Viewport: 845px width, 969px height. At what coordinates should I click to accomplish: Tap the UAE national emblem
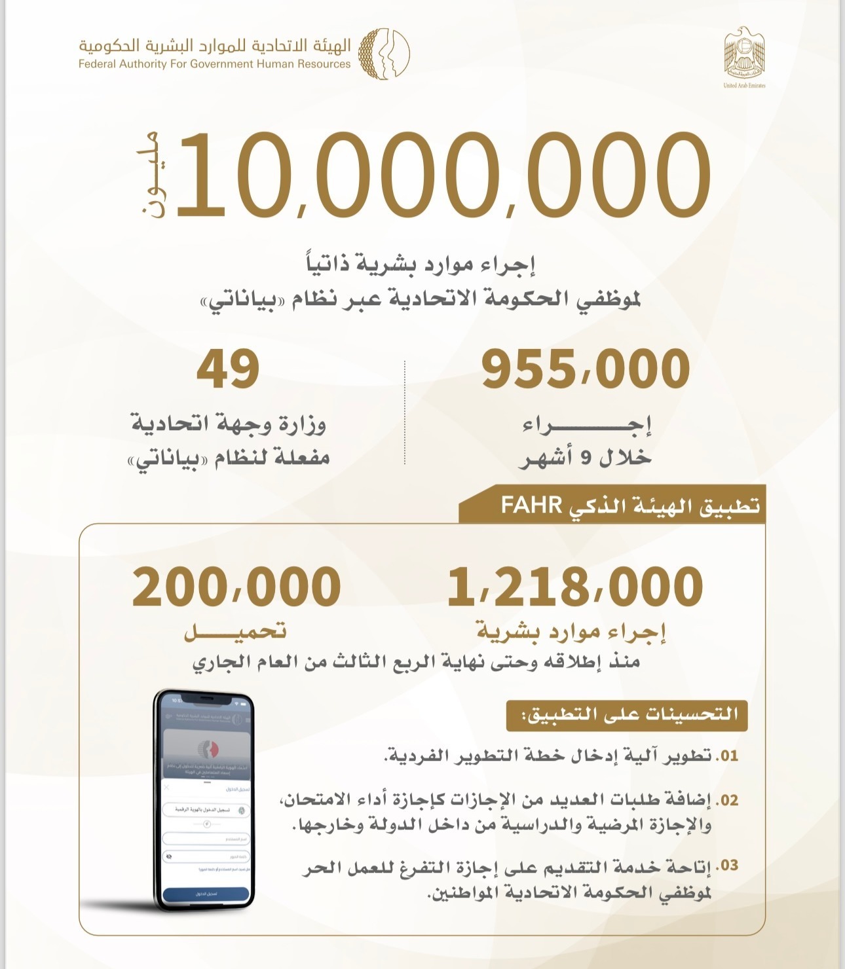click(744, 52)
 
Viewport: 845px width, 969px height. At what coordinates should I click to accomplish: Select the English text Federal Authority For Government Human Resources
click(214, 64)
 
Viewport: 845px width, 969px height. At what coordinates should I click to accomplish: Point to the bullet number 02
click(726, 801)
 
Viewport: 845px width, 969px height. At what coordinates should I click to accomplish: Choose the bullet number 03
click(726, 866)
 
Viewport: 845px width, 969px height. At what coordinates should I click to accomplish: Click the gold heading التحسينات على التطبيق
click(627, 715)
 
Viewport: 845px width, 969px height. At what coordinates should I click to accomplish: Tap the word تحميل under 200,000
click(235, 632)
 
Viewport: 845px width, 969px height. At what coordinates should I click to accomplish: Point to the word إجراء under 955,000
click(586, 426)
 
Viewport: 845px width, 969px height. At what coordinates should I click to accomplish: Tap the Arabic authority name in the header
click(214, 45)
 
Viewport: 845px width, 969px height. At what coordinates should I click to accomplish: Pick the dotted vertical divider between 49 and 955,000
click(405, 412)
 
